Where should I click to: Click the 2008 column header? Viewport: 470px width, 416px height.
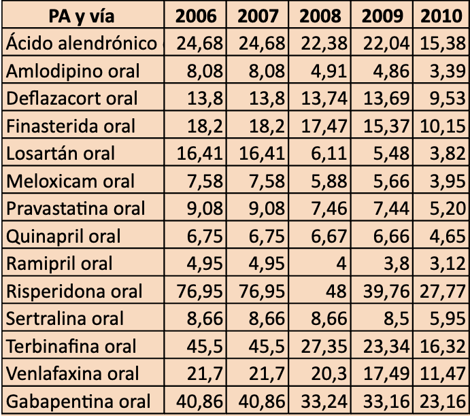point(320,15)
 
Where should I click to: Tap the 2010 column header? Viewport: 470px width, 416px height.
point(441,15)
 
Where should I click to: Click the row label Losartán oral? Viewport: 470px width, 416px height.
point(61,153)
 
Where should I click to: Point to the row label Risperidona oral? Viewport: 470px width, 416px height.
point(75,291)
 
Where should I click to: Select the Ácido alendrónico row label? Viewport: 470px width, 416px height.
point(82,43)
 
